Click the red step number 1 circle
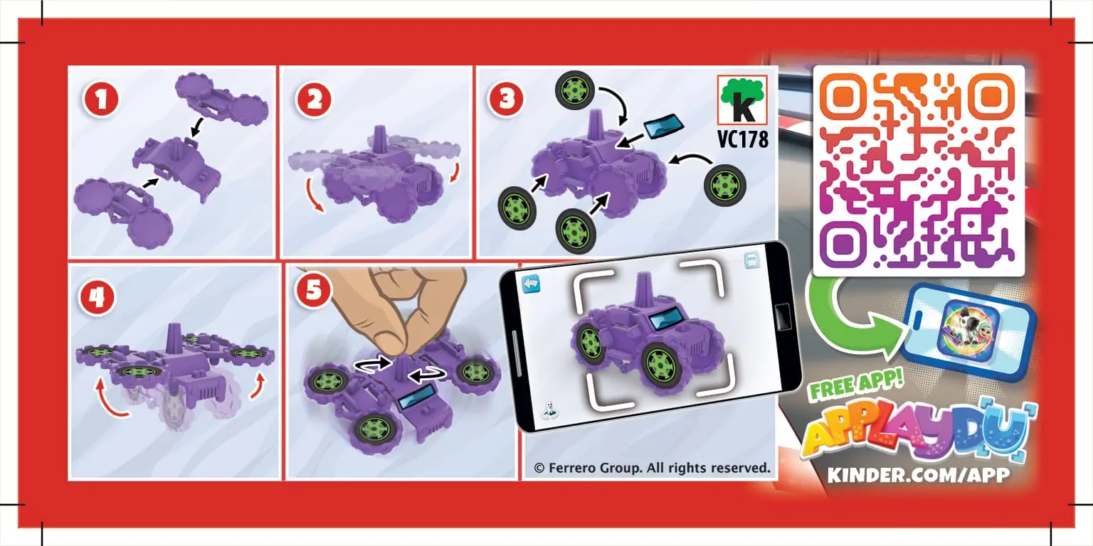(x=101, y=100)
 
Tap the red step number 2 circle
(x=314, y=100)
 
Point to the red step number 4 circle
(x=97, y=297)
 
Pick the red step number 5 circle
(x=314, y=290)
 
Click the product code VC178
(x=743, y=139)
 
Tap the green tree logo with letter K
(x=742, y=100)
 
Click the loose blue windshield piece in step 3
(x=663, y=126)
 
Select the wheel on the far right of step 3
(x=725, y=186)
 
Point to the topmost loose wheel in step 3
(x=575, y=90)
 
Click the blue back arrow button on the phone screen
(x=531, y=284)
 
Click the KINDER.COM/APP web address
(x=919, y=475)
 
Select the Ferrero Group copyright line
(x=652, y=468)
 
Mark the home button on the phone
(x=782, y=317)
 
